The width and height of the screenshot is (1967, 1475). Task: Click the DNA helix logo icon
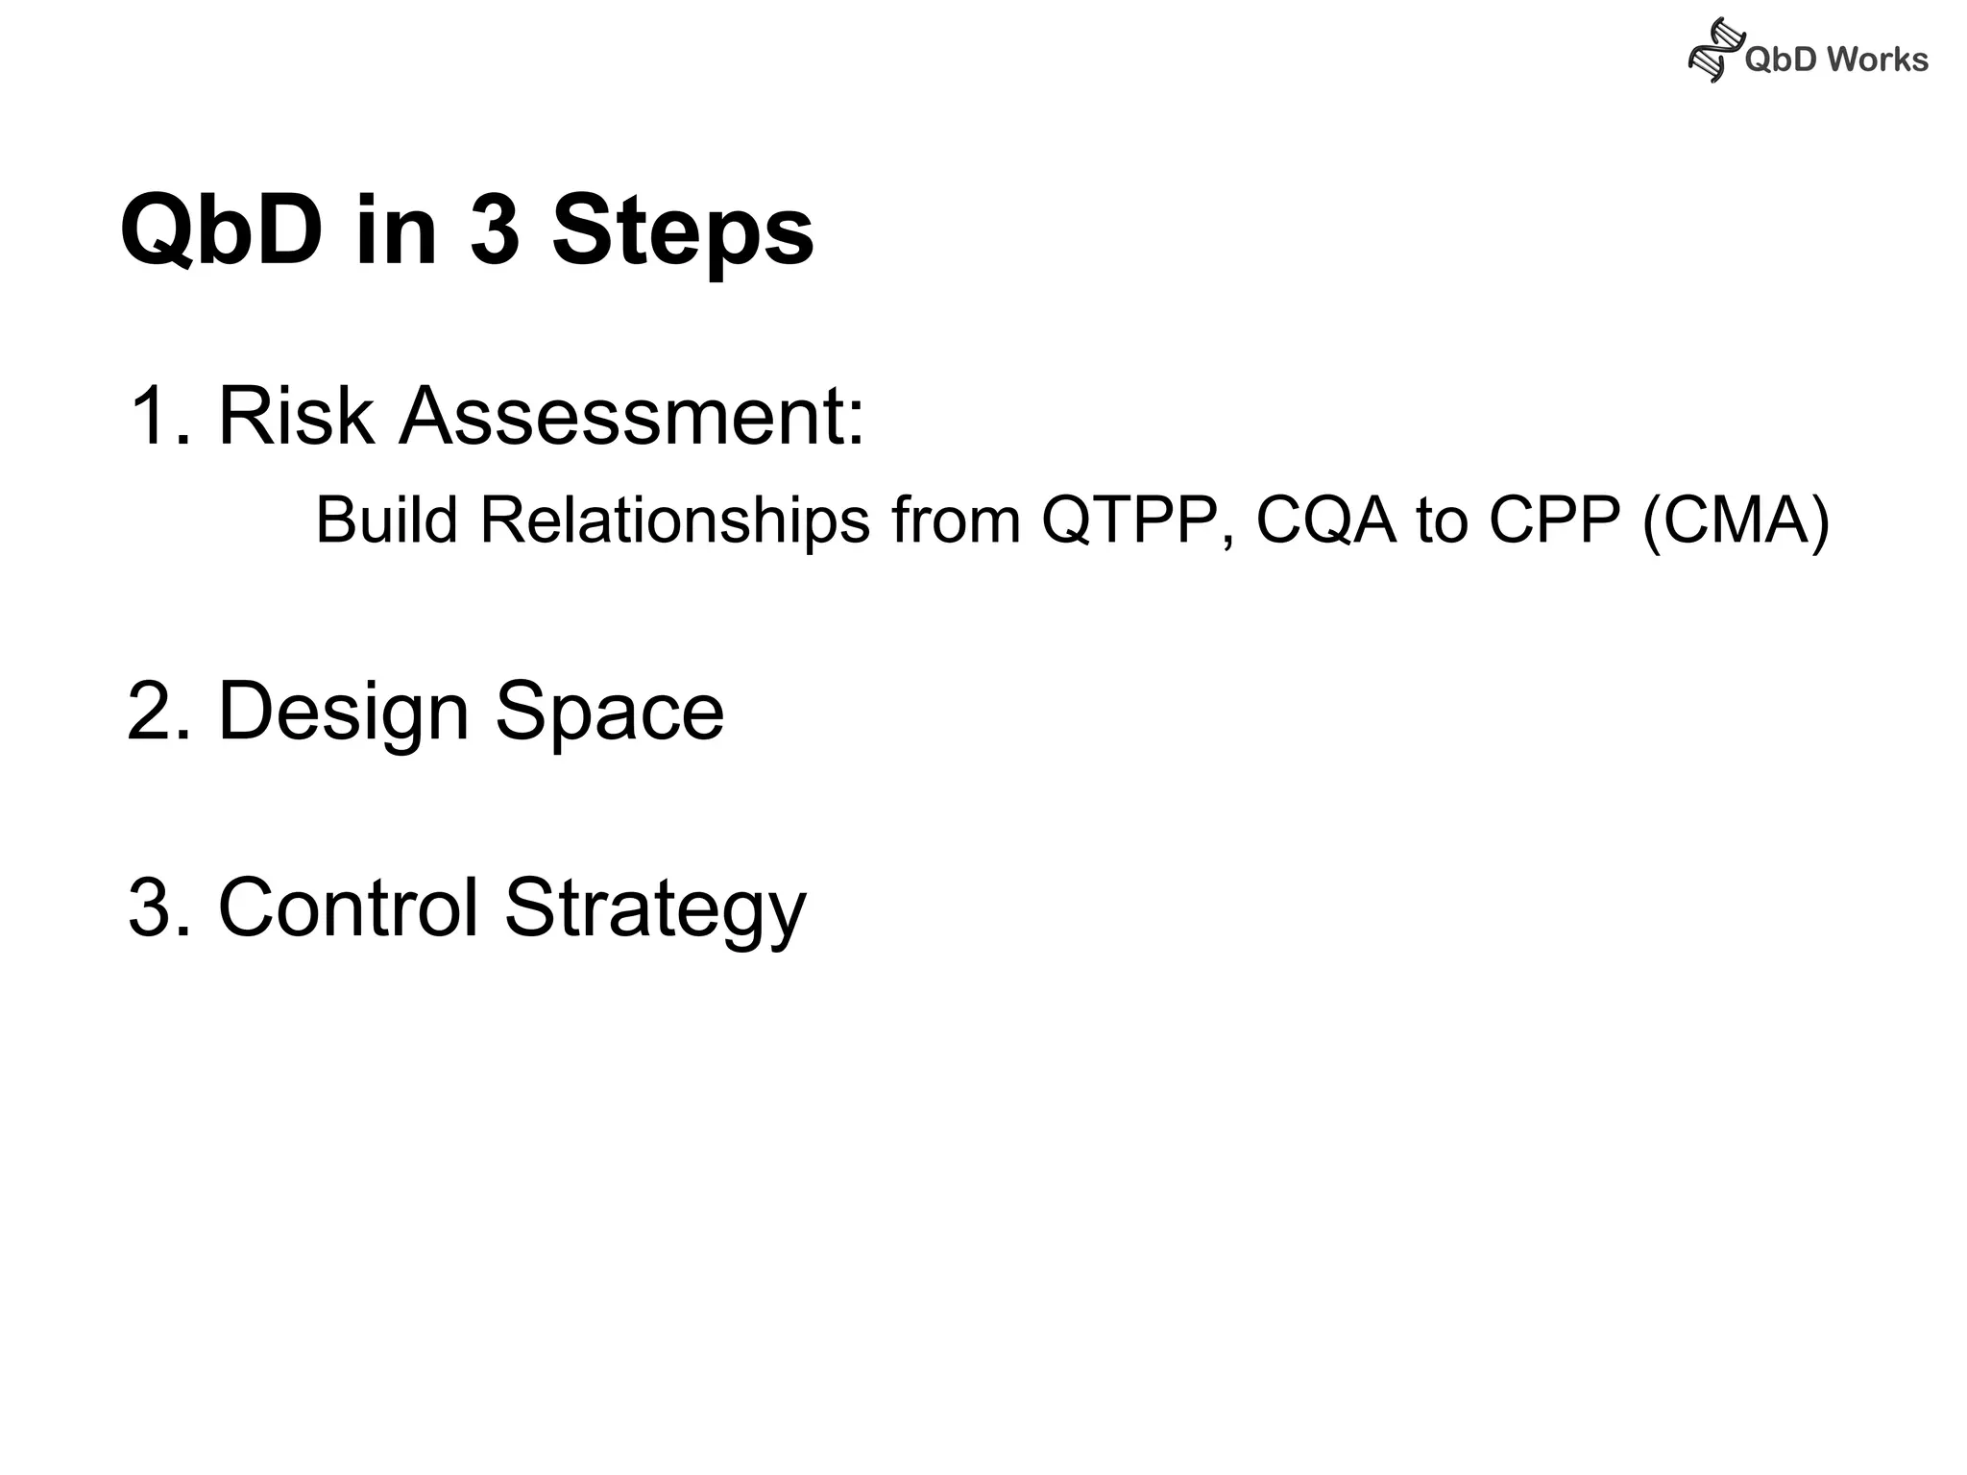click(x=1714, y=51)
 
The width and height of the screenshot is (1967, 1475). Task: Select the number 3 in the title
click(x=494, y=231)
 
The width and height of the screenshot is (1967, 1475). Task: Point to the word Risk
click(x=296, y=416)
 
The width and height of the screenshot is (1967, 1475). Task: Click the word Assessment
click(x=632, y=416)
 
